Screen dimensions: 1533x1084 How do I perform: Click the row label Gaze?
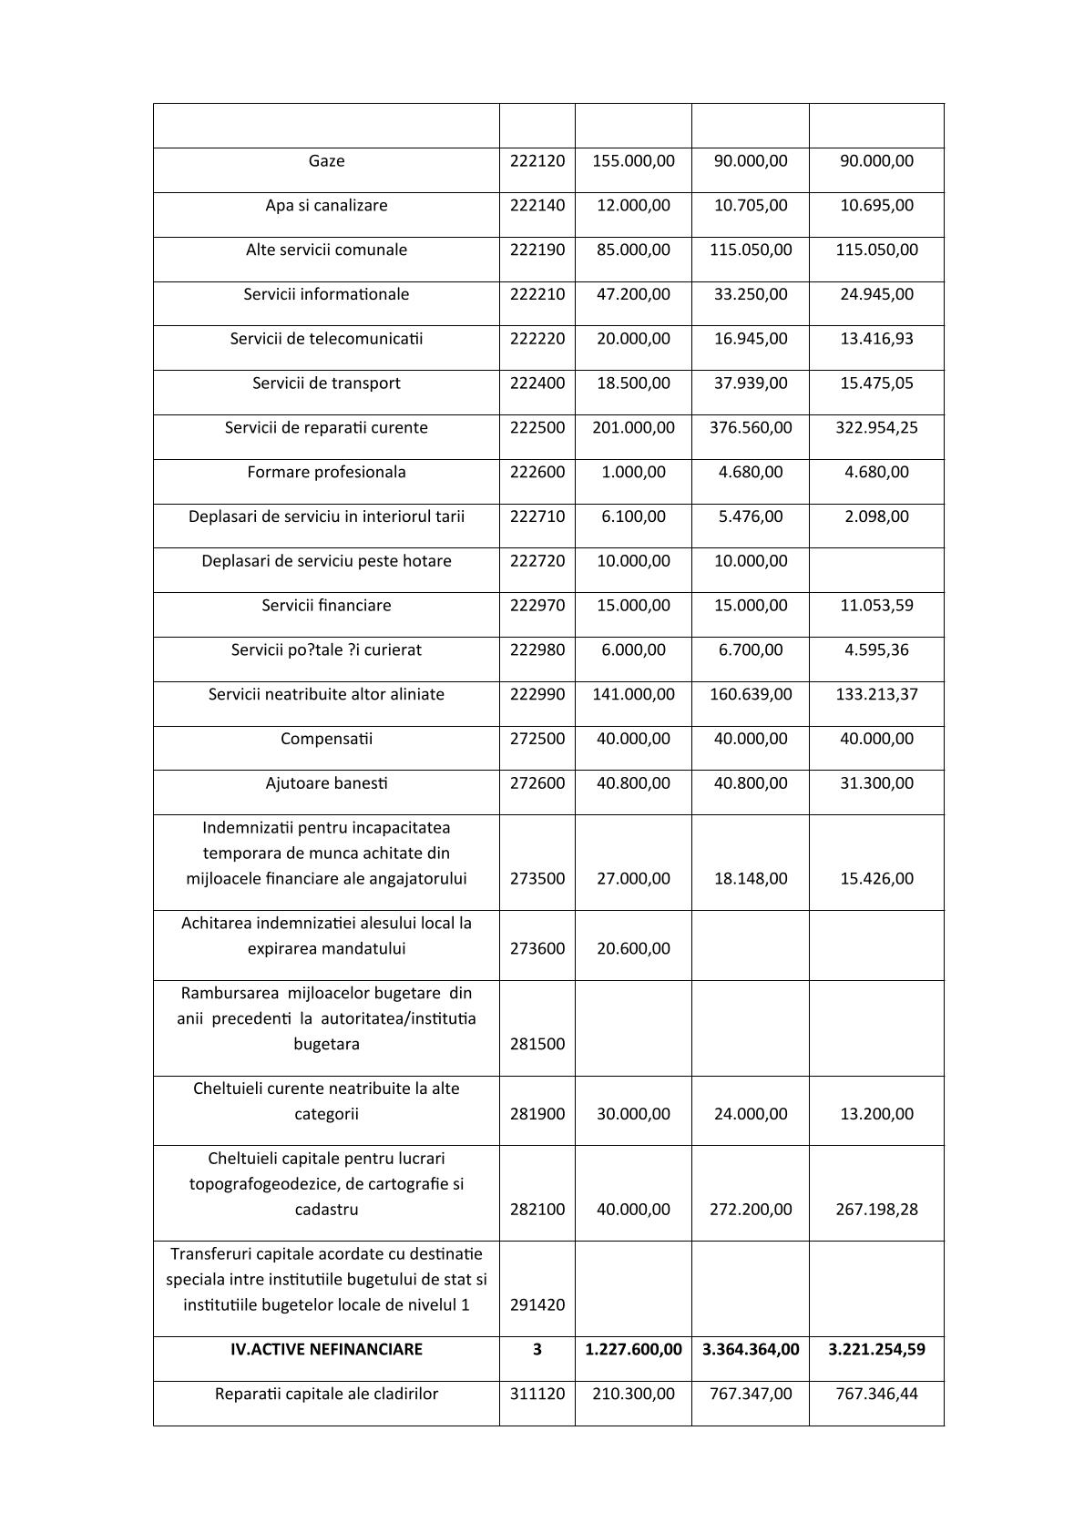click(x=326, y=161)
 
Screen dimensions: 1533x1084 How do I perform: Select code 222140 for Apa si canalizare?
click(x=537, y=206)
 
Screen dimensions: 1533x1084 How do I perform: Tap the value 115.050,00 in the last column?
click(x=876, y=250)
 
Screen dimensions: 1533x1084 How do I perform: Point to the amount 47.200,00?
click(x=633, y=294)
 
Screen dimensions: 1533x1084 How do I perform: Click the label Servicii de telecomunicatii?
click(x=326, y=339)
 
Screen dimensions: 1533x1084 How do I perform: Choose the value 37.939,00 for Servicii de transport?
click(x=751, y=383)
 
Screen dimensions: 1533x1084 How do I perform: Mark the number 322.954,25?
click(x=876, y=428)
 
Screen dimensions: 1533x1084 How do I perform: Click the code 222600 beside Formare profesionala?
click(x=537, y=473)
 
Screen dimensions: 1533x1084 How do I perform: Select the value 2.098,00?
click(x=876, y=516)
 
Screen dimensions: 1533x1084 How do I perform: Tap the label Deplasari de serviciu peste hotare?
click(x=326, y=561)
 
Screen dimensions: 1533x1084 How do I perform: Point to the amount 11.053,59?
click(x=876, y=606)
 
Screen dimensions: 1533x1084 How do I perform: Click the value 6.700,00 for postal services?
click(x=751, y=650)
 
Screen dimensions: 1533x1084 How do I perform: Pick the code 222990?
click(x=537, y=695)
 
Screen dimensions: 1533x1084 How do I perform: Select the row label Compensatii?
click(x=326, y=739)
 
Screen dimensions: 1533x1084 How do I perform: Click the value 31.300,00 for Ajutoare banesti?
click(x=876, y=783)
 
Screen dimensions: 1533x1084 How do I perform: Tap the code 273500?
click(x=537, y=879)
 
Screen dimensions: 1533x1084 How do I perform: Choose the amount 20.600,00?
click(x=633, y=949)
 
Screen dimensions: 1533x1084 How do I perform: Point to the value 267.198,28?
click(x=876, y=1210)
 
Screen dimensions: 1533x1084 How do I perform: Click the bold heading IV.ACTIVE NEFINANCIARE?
click(x=326, y=1350)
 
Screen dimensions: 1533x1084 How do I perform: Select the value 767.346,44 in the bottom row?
click(x=876, y=1395)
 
